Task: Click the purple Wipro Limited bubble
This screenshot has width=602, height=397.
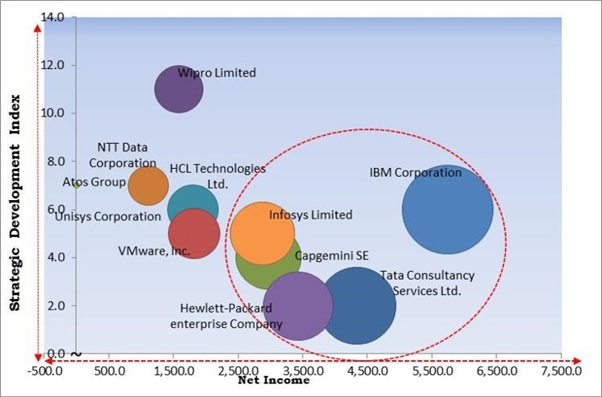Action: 178,89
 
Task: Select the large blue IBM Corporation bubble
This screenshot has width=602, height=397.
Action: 447,209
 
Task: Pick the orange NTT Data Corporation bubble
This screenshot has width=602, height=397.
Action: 148,186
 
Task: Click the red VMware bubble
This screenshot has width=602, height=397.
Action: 194,234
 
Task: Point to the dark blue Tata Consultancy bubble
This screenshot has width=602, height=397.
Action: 357,305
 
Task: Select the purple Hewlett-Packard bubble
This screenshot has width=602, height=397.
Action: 298,306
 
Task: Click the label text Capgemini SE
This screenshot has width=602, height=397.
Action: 332,256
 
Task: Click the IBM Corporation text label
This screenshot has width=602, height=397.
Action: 415,173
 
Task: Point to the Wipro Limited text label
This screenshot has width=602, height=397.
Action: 217,73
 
